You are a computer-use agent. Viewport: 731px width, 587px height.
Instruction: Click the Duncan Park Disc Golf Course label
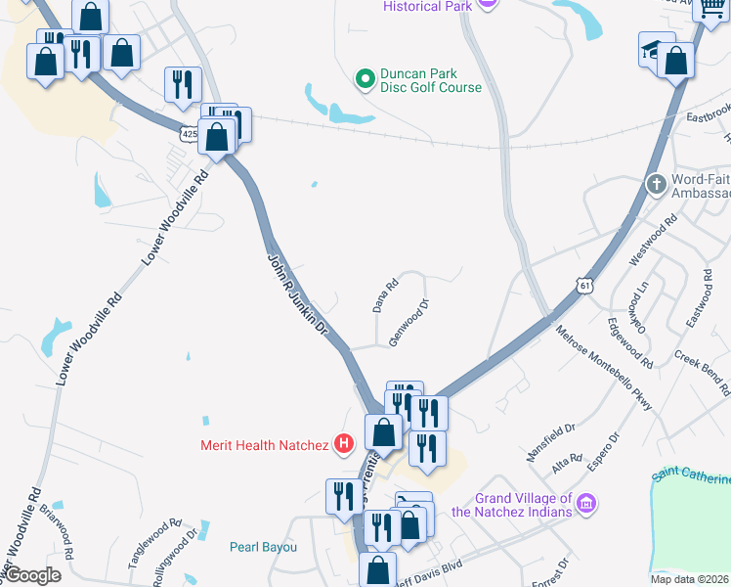pos(431,80)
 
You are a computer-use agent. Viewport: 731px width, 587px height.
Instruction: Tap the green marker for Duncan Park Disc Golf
pos(365,78)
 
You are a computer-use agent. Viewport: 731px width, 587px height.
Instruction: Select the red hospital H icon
pos(344,445)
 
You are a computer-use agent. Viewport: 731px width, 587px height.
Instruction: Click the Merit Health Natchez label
pos(264,446)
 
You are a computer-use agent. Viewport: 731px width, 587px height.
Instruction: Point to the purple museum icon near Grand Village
pos(586,505)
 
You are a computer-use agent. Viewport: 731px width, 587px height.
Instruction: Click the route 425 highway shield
pos(189,133)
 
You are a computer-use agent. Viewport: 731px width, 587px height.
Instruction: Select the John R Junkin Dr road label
pos(297,293)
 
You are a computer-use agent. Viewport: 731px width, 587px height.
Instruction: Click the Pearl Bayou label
pos(263,547)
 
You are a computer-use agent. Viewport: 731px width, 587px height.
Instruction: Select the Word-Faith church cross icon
pos(657,183)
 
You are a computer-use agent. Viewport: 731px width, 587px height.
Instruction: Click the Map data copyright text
pos(690,579)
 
